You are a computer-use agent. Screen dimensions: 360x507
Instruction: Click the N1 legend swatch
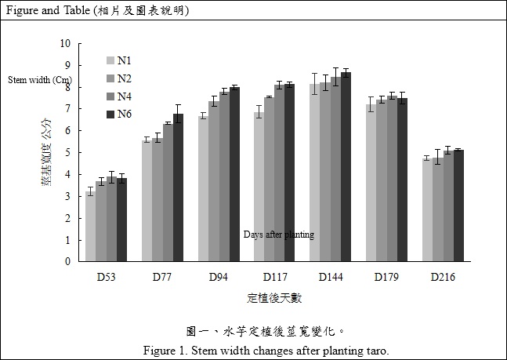click(x=110, y=60)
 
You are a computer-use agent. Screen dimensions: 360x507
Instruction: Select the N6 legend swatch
click(x=110, y=115)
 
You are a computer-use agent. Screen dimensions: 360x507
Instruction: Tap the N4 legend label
click(x=125, y=96)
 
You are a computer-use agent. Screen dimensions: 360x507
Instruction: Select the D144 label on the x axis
click(x=330, y=277)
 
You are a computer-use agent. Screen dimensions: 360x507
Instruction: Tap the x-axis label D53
click(x=106, y=277)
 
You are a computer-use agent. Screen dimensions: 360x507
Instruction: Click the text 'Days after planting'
click(x=278, y=235)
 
